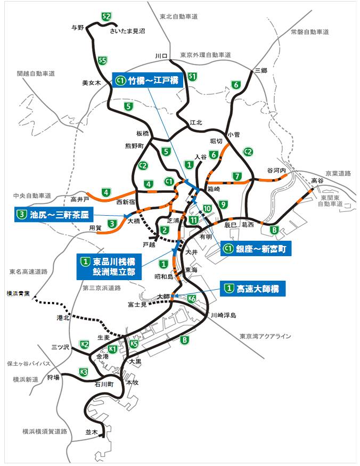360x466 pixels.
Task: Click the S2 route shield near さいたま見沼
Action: click(107, 17)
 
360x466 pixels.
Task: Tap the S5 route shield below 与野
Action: click(102, 60)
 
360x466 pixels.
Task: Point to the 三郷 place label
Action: click(260, 70)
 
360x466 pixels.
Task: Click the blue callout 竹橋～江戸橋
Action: click(149, 81)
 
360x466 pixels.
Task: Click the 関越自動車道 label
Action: click(36, 73)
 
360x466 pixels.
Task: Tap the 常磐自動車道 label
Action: click(309, 32)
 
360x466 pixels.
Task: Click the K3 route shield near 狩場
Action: click(83, 372)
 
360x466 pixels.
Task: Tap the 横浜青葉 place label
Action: click(17, 293)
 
